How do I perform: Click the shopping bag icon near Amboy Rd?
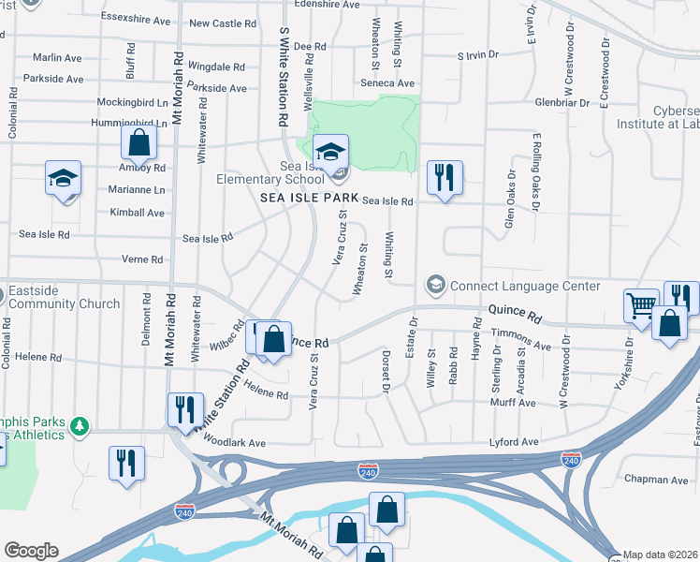click(x=139, y=143)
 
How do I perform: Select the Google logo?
click(x=31, y=551)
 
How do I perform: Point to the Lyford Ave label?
click(x=515, y=441)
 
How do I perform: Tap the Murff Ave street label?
click(x=514, y=402)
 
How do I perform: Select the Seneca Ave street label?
click(x=387, y=83)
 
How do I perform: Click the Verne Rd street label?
click(x=142, y=259)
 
